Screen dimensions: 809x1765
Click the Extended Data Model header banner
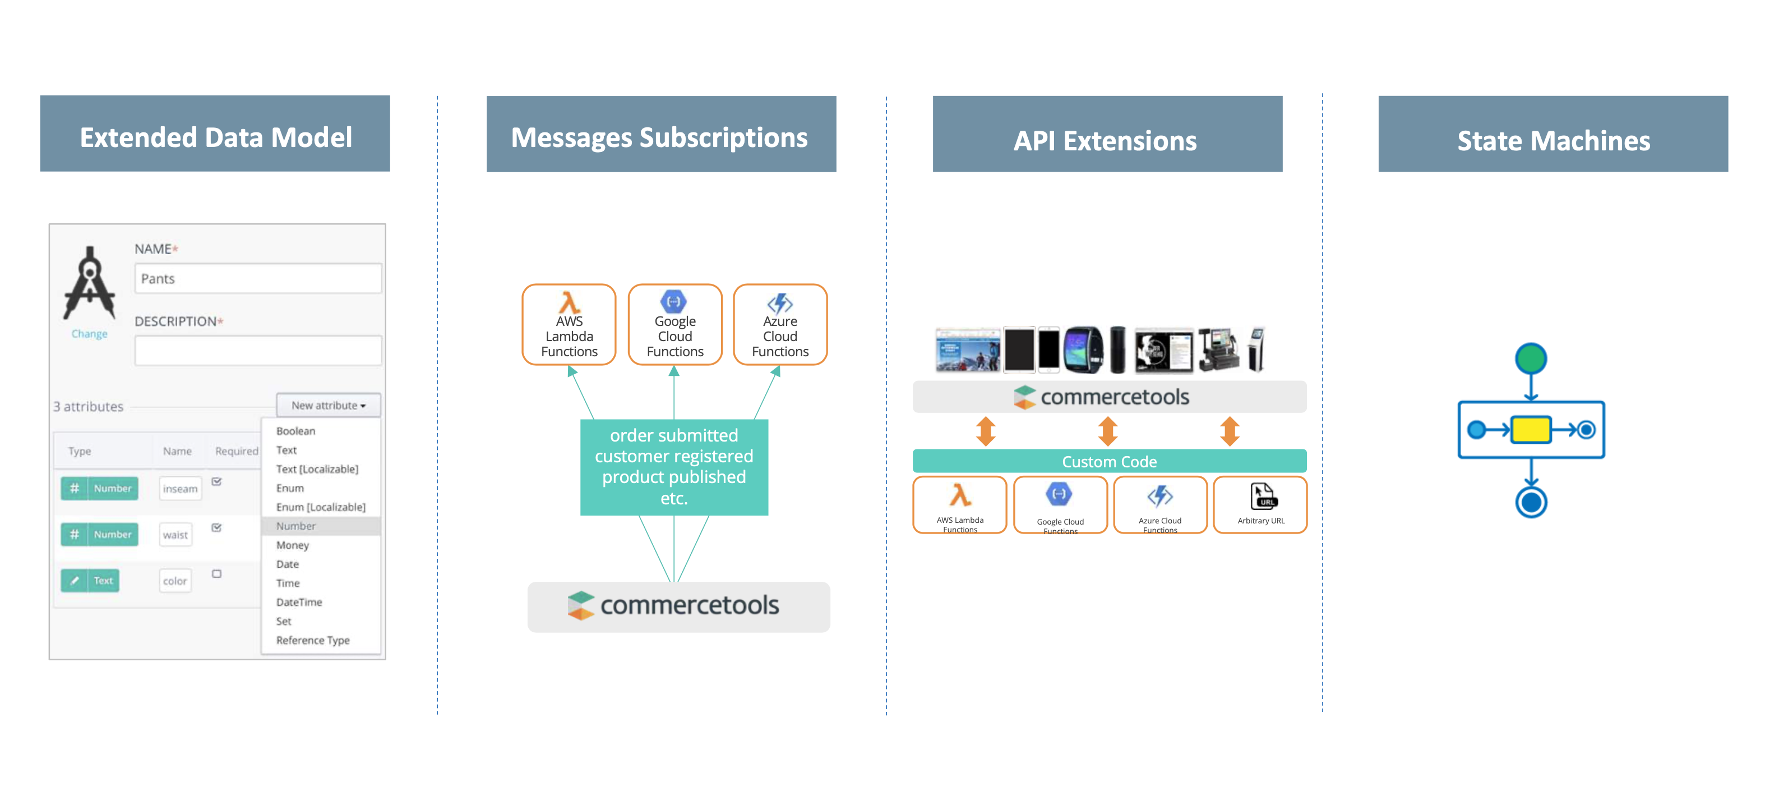coord(215,135)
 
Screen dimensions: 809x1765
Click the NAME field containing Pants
coord(257,278)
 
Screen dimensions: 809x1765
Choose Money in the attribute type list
coord(293,545)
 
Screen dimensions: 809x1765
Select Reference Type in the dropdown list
coord(312,640)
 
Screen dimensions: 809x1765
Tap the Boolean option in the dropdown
coord(295,430)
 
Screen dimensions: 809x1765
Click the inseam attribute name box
coord(180,488)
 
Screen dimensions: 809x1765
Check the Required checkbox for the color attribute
coord(216,574)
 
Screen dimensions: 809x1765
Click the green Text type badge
coord(90,580)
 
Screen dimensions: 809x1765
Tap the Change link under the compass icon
coord(89,334)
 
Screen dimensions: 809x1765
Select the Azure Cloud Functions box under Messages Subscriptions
coord(780,325)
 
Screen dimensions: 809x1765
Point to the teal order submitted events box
coord(673,467)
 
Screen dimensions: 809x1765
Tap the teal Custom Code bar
coord(1108,461)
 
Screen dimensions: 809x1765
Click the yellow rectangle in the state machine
coord(1530,430)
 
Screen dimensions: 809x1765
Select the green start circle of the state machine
coord(1531,358)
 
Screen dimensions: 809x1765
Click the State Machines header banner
coord(1553,135)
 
